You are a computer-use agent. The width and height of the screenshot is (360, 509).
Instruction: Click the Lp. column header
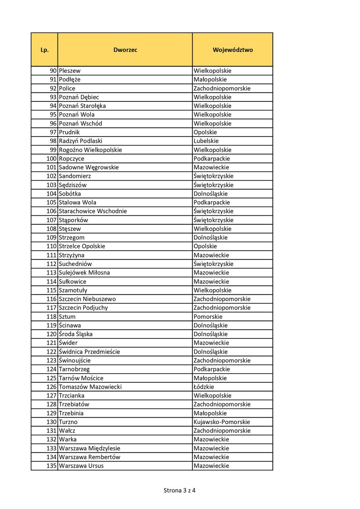[45, 50]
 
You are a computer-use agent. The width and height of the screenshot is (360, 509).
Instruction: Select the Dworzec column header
[125, 50]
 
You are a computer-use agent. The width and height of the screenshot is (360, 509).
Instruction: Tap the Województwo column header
[233, 50]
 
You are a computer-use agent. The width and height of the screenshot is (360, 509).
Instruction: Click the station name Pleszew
[70, 71]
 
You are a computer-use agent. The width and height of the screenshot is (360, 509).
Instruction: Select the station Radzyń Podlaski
[80, 141]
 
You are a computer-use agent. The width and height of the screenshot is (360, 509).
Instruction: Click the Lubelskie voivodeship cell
[206, 141]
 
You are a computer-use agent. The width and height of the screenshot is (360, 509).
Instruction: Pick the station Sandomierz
[75, 176]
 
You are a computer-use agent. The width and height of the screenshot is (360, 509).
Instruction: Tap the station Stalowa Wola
[78, 202]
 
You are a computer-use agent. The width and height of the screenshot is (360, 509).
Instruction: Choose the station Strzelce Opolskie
[82, 246]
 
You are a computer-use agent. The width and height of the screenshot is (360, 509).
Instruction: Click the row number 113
[51, 273]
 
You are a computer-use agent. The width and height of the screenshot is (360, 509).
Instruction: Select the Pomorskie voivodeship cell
[208, 317]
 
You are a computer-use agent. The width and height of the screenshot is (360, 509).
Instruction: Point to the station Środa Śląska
[75, 334]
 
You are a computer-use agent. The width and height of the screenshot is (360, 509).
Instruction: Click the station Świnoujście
[75, 360]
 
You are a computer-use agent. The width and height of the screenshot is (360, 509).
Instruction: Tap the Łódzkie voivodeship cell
[204, 387]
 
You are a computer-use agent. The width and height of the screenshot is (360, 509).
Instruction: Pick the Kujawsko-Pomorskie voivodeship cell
[222, 422]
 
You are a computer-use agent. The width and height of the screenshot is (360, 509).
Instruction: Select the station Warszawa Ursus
[81, 466]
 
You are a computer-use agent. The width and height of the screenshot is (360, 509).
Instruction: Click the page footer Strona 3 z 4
[179, 490]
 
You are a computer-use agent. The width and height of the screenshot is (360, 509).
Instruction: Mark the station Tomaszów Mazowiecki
[90, 387]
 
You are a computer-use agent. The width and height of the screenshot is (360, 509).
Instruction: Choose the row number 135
[51, 466]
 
